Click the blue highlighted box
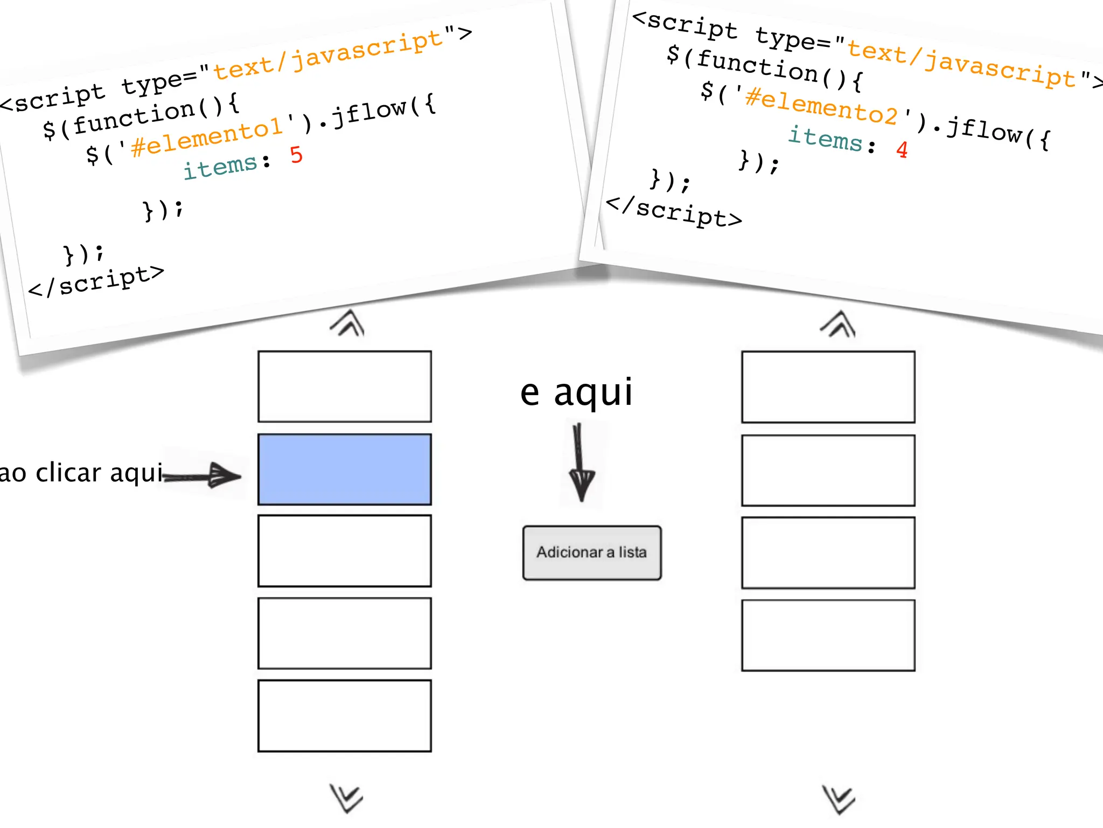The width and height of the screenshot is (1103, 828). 345,469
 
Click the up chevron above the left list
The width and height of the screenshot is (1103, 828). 347,323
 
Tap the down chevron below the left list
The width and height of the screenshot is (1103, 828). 346,798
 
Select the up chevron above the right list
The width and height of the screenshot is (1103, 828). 838,324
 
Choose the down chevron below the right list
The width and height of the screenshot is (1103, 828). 838,799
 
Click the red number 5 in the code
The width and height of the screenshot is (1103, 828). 296,155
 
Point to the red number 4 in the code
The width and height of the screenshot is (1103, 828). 902,149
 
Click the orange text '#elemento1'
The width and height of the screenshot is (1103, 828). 207,136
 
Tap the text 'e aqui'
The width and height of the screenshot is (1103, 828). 576,392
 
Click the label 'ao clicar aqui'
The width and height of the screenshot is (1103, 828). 81,473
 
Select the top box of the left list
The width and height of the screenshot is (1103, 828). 345,386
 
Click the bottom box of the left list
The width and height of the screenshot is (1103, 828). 345,715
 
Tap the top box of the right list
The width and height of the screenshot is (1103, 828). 828,387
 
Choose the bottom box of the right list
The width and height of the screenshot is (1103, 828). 828,635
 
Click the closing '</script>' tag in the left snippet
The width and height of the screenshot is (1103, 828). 96,281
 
